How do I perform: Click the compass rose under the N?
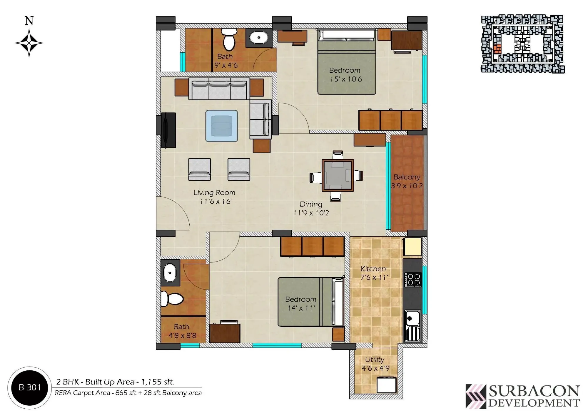(29, 43)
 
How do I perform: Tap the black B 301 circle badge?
(30, 387)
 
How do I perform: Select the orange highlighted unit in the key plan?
(497, 49)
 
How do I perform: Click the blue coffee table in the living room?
(221, 126)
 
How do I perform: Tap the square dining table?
(338, 175)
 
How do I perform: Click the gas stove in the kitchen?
(413, 280)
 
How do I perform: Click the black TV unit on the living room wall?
(168, 130)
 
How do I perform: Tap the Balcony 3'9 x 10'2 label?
(407, 181)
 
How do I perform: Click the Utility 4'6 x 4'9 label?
(375, 364)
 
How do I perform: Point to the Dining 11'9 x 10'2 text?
(311, 208)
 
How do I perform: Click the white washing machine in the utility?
(386, 386)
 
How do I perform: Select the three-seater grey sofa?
(219, 89)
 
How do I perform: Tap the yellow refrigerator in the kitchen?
(413, 247)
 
